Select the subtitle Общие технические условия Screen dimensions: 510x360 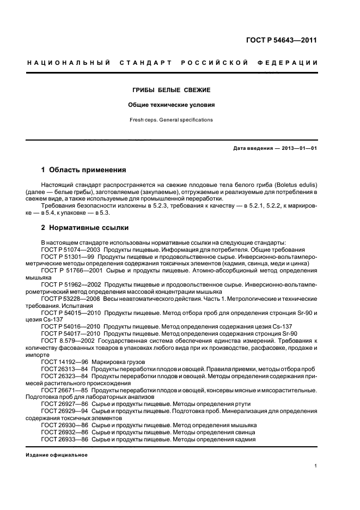[x=172, y=104]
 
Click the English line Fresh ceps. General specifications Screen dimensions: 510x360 [x=172, y=119]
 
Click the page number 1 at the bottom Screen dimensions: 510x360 [x=316, y=466]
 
